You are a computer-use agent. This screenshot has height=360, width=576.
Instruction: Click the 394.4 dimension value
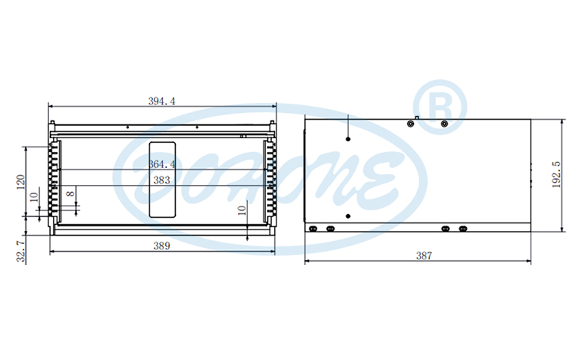[x=161, y=101]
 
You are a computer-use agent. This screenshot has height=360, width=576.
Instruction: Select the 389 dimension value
[x=161, y=246]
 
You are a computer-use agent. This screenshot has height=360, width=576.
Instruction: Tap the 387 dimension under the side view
[x=423, y=256]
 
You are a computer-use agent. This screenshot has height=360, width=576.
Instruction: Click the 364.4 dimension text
[x=161, y=164]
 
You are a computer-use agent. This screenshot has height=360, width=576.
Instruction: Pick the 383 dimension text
[x=161, y=180]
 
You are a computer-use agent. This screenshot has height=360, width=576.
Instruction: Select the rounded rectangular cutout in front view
[x=162, y=179]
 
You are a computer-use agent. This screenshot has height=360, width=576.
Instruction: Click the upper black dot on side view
[x=348, y=140]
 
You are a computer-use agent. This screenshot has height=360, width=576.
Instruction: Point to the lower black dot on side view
[x=348, y=216]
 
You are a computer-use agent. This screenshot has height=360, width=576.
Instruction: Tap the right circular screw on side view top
[x=443, y=124]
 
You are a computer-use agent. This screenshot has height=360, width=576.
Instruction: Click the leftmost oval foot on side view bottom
[x=313, y=228]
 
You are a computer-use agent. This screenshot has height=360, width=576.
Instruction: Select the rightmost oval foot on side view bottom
[x=462, y=228]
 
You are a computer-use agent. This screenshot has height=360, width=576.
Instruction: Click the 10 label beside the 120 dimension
[x=33, y=197]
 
